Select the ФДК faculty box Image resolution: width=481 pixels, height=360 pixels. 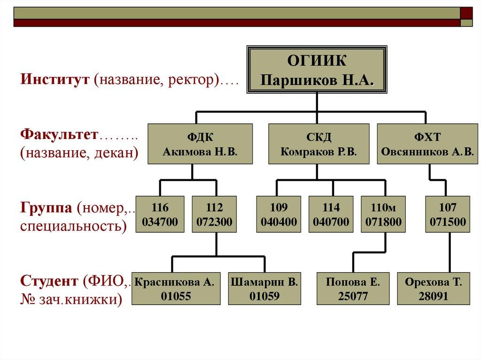pyautogui.click(x=200, y=144)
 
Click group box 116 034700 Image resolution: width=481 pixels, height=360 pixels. pyautogui.click(x=161, y=214)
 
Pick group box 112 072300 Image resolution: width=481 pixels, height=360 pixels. pyautogui.click(x=214, y=214)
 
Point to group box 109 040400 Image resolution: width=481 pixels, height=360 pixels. pyautogui.click(x=279, y=214)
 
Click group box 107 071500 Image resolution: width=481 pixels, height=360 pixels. pyautogui.click(x=447, y=214)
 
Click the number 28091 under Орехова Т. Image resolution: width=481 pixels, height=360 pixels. pyautogui.click(x=434, y=296)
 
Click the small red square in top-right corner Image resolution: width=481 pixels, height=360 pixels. pyautogui.click(x=466, y=13)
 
